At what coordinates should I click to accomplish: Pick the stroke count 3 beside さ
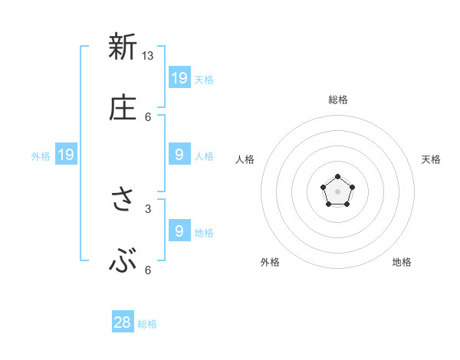148,208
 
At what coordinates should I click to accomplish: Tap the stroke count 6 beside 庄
148,116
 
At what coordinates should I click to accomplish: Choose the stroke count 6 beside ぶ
148,270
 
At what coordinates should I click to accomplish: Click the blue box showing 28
123,322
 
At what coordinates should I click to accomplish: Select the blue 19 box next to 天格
179,77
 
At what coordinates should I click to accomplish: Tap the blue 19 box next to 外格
66,155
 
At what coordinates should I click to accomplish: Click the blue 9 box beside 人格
179,155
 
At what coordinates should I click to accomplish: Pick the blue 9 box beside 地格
179,231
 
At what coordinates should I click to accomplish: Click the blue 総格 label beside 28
147,324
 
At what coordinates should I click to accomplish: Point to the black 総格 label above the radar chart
338,100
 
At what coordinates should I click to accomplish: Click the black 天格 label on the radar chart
431,159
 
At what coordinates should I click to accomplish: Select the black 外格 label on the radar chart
270,262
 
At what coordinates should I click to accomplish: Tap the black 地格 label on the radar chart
402,262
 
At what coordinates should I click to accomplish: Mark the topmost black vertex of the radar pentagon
338,178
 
